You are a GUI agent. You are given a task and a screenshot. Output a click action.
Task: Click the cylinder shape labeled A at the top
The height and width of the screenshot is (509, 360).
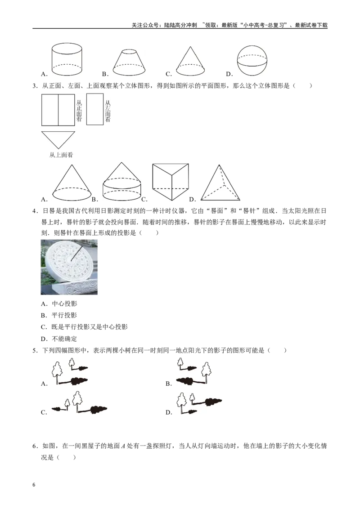pos(67,59)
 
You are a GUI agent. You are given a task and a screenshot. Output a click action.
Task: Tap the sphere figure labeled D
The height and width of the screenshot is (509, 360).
pos(252,61)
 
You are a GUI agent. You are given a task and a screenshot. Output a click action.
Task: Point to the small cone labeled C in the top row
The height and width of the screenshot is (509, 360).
pos(190,61)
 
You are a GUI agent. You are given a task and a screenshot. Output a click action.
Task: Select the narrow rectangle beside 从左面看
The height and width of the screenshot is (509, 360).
pos(95,109)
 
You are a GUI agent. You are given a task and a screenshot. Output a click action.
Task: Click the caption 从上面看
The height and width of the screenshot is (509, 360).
pos(61,155)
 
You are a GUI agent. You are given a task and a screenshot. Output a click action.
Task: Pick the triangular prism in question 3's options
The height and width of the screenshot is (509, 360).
pos(171,182)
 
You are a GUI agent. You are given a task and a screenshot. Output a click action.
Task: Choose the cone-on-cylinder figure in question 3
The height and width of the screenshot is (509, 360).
pos(122,182)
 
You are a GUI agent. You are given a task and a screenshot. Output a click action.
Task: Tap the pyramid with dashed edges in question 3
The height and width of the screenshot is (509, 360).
pos(220,183)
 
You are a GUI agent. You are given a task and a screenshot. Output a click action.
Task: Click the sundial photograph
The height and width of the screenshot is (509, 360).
pos(69,267)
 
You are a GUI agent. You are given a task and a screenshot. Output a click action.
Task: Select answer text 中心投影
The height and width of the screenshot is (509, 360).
pos(64,304)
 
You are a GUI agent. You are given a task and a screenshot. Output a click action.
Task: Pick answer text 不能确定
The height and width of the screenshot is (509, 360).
pos(64,339)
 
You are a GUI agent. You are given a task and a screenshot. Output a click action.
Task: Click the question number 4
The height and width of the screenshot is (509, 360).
pos(34,211)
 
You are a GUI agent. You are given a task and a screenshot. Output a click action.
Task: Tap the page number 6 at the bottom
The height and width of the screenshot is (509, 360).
pos(34,485)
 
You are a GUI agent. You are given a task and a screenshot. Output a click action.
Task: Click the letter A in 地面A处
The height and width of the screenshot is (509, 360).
pos(123,446)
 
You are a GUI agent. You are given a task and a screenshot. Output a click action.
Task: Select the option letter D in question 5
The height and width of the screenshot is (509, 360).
pos(168,413)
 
